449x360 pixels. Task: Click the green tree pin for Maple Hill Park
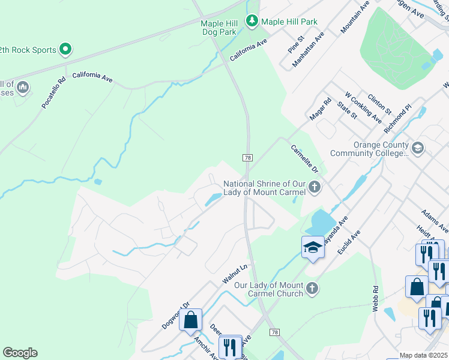click(252, 22)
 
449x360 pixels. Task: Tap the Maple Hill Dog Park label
click(220, 28)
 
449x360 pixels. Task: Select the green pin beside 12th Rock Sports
click(65, 50)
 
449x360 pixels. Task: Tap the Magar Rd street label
click(319, 109)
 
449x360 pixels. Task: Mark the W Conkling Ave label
click(363, 107)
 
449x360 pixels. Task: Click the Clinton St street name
click(379, 104)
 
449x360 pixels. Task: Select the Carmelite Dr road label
click(303, 159)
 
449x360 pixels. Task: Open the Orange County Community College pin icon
click(418, 147)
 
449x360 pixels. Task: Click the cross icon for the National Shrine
click(314, 188)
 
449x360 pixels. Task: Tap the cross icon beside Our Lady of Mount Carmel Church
click(312, 289)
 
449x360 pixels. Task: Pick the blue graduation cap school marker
click(313, 248)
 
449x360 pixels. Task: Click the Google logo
click(20, 353)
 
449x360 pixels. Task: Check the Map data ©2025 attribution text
click(424, 355)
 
